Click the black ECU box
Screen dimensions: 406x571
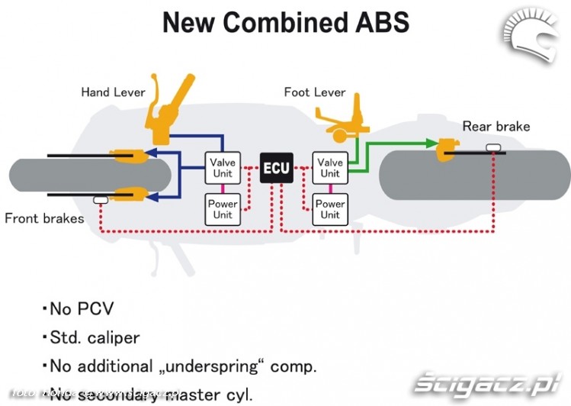[276, 168]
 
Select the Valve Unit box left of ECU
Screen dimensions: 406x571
[223, 168]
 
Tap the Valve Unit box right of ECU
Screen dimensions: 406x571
[330, 168]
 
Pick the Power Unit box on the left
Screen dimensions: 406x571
[223, 209]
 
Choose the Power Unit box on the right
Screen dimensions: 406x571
[330, 209]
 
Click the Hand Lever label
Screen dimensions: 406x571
[114, 92]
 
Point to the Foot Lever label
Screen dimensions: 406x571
[315, 92]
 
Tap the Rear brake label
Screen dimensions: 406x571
[496, 126]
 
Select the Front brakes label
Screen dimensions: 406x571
[44, 218]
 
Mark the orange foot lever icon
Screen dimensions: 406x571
[338, 123]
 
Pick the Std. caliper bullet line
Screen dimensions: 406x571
[95, 337]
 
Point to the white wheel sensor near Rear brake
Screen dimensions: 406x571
[494, 146]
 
